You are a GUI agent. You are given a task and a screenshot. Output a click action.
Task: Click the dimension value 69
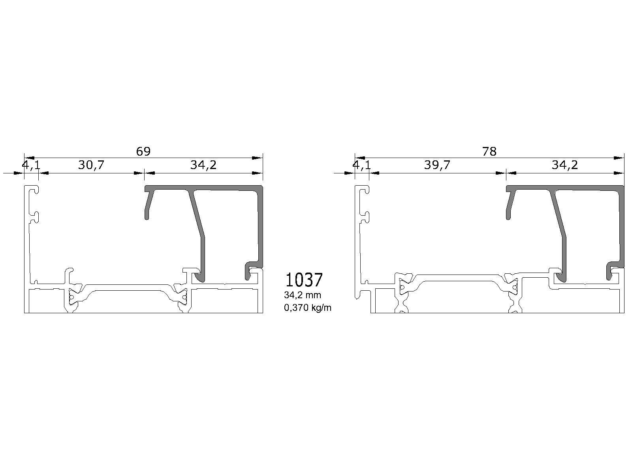click(x=143, y=151)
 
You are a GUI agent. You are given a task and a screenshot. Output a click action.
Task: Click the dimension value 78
click(x=489, y=151)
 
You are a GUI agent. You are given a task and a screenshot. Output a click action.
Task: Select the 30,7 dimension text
click(x=91, y=165)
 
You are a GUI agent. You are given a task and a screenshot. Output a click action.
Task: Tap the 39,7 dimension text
click(x=437, y=165)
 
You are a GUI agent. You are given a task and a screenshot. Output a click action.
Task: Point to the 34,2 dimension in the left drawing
click(x=203, y=165)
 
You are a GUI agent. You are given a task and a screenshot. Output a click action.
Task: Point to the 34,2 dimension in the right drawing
click(x=564, y=165)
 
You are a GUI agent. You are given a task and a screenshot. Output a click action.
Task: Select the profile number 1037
click(x=304, y=280)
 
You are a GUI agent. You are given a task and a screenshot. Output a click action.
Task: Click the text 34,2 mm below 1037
click(x=302, y=295)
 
